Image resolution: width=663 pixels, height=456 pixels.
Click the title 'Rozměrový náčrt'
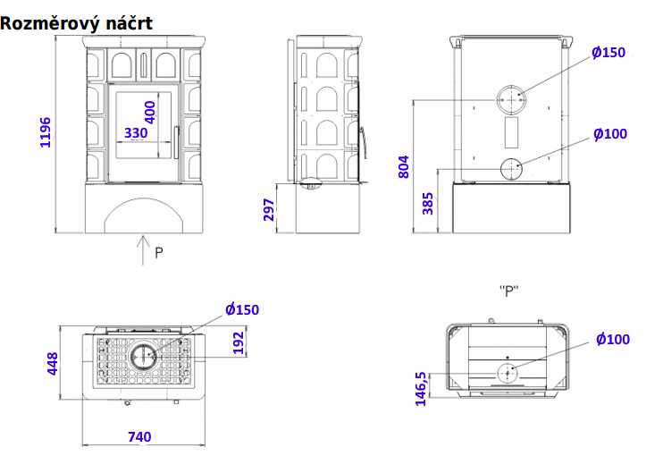[x=76, y=23]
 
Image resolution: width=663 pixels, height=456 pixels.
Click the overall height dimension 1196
[x=46, y=133]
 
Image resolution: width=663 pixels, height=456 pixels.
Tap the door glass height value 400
[x=150, y=112]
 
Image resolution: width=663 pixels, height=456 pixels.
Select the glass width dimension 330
[x=136, y=133]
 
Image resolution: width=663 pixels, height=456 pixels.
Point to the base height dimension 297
[x=269, y=209]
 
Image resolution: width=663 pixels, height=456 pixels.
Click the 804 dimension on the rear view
[x=404, y=166]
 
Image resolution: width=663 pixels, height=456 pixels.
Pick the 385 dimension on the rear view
[x=428, y=204]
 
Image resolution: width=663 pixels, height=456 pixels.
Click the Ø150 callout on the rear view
[x=608, y=53]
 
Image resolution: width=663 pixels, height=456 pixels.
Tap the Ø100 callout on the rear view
[x=610, y=134]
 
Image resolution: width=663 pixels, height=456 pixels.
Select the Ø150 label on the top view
[x=242, y=309]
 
